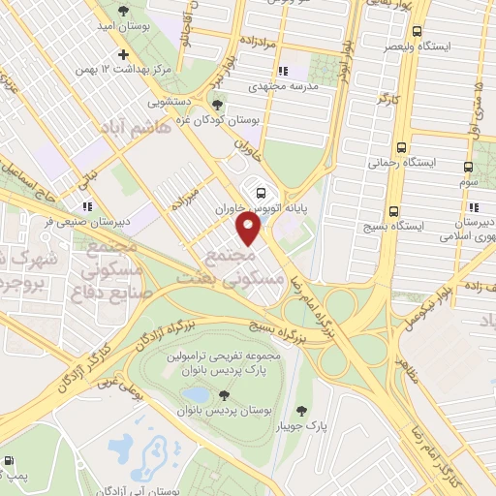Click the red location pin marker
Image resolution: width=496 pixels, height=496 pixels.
(x=249, y=229)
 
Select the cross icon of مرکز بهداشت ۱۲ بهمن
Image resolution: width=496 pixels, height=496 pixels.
(x=122, y=53)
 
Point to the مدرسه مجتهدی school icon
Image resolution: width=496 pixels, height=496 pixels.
(x=282, y=71)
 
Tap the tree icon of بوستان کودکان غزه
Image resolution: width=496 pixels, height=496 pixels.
(x=218, y=105)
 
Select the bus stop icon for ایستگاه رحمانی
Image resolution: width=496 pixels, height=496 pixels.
(x=401, y=148)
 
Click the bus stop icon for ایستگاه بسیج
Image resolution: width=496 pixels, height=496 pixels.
(x=393, y=211)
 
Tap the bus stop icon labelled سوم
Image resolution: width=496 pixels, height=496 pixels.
(x=469, y=167)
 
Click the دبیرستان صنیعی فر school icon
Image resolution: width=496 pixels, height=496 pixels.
(x=87, y=205)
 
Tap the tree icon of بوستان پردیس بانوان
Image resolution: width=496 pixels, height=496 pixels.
(x=225, y=394)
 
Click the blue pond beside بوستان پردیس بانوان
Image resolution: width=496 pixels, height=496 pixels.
(x=197, y=394)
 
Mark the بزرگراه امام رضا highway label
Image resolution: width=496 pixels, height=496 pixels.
(x=340, y=307)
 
